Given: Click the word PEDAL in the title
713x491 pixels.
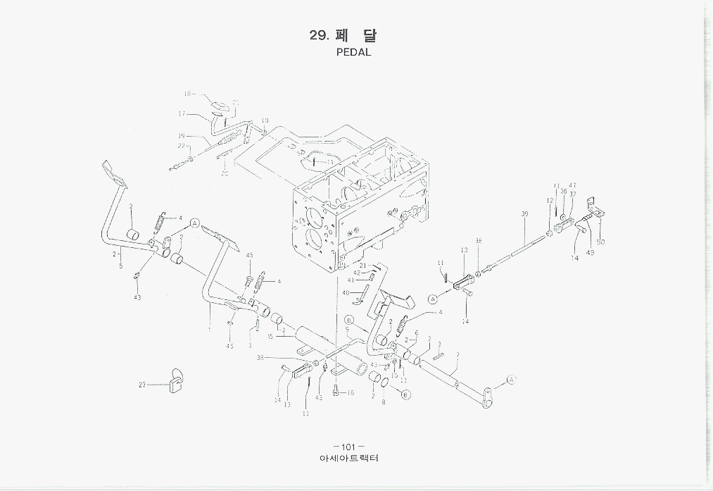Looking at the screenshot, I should pyautogui.click(x=353, y=52).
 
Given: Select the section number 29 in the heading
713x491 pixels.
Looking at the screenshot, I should pyautogui.click(x=318, y=36).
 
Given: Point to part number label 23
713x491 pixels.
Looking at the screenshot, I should pyautogui.click(x=142, y=385).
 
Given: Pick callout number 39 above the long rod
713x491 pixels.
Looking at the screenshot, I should pyautogui.click(x=524, y=213).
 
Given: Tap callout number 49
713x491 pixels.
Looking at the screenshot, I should pyautogui.click(x=590, y=252).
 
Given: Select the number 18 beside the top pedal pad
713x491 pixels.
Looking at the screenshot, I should pyautogui.click(x=188, y=94).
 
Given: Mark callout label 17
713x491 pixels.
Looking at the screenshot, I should pyautogui.click(x=182, y=113).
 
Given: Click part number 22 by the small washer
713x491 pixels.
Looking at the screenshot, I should pyautogui.click(x=181, y=146).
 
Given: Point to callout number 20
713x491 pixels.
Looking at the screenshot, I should pyautogui.click(x=225, y=173).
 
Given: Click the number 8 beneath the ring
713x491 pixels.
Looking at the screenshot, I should pyautogui.click(x=384, y=402).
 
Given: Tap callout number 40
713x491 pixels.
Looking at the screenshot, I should pyautogui.click(x=346, y=292).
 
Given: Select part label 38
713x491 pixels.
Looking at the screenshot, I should pyautogui.click(x=260, y=358).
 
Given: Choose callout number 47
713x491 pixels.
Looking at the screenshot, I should pyautogui.click(x=572, y=185).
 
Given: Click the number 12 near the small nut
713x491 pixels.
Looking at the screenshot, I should pyautogui.click(x=549, y=201).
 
